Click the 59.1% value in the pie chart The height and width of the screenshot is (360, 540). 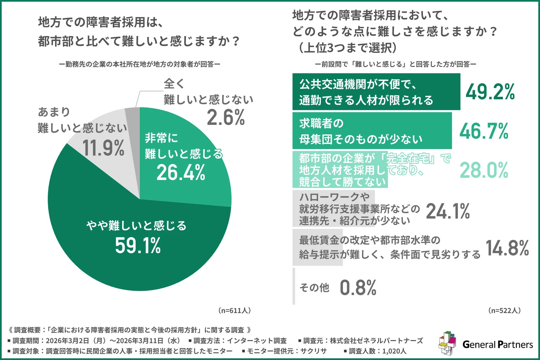(138, 246)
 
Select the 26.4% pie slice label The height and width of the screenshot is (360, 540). (181, 172)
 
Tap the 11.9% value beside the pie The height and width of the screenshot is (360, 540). (103, 148)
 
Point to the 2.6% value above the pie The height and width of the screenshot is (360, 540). (226, 118)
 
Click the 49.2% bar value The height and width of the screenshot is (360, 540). (490, 92)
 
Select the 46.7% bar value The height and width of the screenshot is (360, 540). (484, 131)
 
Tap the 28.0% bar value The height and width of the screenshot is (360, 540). (484, 170)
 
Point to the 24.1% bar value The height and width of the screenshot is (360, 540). (448, 211)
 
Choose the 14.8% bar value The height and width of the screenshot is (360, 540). (507, 248)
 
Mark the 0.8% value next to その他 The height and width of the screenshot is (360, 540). (358, 288)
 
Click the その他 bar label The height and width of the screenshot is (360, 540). (314, 288)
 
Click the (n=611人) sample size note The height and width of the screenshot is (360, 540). (234, 310)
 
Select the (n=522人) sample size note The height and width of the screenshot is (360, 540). (504, 310)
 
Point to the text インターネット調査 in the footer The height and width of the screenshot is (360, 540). (256, 341)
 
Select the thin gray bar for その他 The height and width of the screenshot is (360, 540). (294, 286)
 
